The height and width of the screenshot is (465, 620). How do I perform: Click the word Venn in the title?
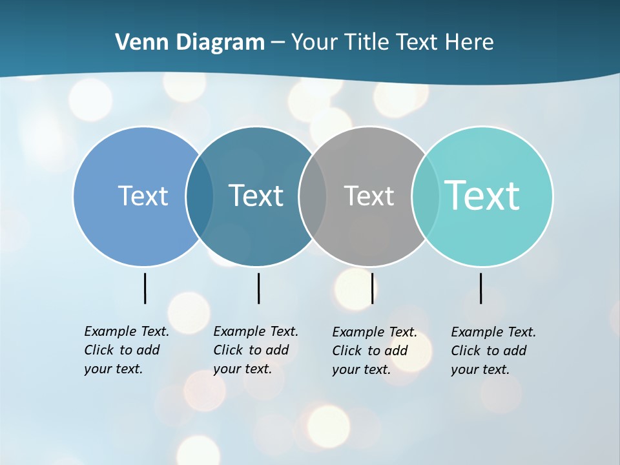(x=135, y=43)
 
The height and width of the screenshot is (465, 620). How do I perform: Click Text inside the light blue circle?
(x=143, y=196)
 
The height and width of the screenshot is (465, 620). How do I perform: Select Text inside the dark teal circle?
(x=256, y=196)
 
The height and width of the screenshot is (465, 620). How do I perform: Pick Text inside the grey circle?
(x=369, y=196)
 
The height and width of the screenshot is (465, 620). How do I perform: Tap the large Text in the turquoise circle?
(x=482, y=196)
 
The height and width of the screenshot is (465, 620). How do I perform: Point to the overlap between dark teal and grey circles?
(x=313, y=196)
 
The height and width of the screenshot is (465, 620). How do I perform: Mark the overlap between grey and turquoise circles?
(x=426, y=196)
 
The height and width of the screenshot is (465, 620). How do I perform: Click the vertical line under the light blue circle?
(x=145, y=288)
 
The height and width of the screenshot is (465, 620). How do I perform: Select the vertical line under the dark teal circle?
(x=258, y=288)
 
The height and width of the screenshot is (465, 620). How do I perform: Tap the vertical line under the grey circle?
(x=372, y=288)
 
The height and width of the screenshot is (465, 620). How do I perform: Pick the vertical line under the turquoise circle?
(x=480, y=288)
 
